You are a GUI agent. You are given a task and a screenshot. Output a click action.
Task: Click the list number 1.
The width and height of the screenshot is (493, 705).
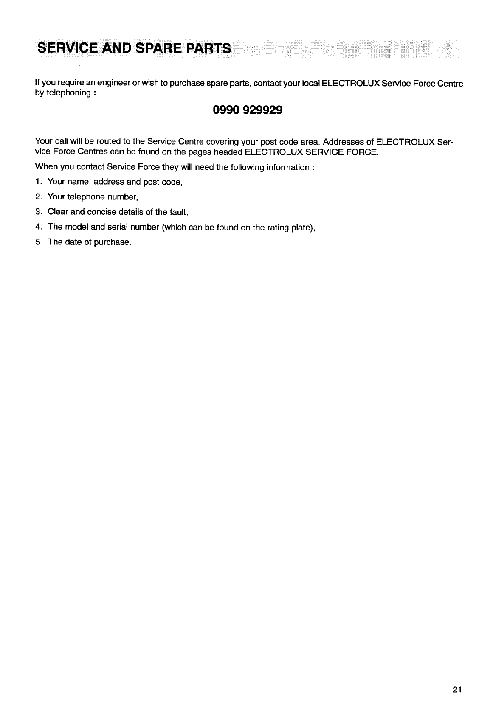coord(38,182)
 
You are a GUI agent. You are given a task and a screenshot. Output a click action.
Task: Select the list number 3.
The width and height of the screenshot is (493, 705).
coord(38,212)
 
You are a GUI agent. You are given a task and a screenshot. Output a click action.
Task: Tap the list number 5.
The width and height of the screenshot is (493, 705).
coord(38,242)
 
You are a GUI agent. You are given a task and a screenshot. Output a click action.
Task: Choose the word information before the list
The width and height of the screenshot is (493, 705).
coord(287,167)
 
